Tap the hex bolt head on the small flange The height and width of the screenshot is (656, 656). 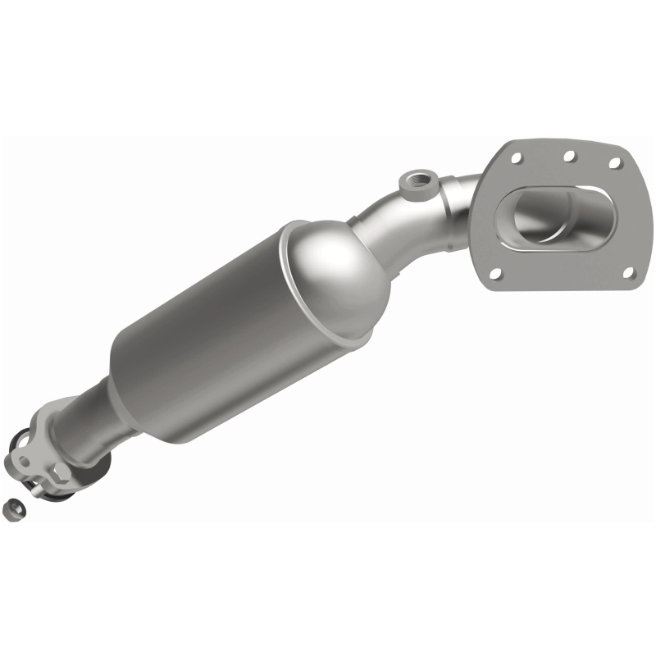61,473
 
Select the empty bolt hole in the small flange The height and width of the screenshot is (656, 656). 24,462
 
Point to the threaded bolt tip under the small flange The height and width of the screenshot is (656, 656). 36,492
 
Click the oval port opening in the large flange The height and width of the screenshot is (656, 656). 558,217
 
